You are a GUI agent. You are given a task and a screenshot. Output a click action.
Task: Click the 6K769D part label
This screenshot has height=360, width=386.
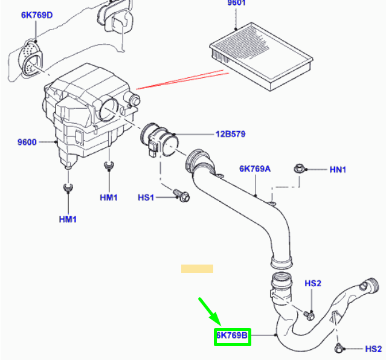[37, 15]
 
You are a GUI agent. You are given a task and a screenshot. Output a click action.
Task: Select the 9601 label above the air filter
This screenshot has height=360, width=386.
[236, 2]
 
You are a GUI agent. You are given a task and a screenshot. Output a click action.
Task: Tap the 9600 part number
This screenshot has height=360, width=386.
[27, 142]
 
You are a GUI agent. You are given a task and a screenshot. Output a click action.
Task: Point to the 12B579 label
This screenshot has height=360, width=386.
[230, 134]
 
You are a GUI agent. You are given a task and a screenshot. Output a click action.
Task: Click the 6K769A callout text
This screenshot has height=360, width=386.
[255, 169]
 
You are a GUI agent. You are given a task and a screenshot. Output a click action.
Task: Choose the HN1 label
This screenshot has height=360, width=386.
[338, 170]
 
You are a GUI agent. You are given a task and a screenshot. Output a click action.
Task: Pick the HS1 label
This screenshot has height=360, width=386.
[146, 198]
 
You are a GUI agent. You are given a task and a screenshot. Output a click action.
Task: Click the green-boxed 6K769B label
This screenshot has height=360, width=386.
[232, 335]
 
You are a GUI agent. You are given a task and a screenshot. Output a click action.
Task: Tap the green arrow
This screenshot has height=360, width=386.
[210, 312]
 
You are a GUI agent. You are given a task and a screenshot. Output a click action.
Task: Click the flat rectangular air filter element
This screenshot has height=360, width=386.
[262, 56]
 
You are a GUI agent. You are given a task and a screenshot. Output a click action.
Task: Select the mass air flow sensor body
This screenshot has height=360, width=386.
[159, 140]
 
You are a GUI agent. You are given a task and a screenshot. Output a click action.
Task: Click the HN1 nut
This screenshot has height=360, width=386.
[299, 169]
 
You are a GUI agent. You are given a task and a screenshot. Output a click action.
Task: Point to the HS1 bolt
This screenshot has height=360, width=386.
[182, 196]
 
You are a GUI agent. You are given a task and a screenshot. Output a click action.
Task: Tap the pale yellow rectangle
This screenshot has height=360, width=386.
[197, 269]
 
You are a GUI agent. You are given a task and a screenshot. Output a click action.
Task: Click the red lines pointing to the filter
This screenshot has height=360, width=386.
[182, 80]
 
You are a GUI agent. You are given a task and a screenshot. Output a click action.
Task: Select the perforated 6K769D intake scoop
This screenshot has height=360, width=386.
[31, 58]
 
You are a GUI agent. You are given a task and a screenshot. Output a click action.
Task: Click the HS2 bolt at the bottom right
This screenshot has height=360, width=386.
[339, 348]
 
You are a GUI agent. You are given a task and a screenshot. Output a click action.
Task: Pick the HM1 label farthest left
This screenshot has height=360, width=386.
[68, 219]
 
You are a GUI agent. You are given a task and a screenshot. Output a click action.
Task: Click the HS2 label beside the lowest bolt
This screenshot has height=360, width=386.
[373, 349]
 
